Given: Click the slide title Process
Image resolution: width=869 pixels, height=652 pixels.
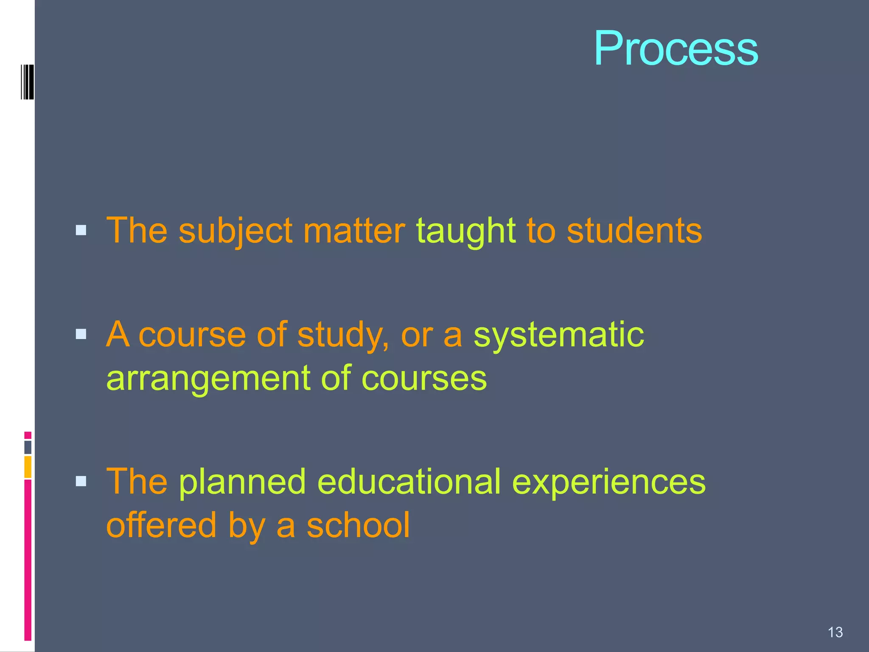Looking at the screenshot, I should point(676,48).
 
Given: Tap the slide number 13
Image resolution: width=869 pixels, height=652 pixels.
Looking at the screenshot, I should point(835,632).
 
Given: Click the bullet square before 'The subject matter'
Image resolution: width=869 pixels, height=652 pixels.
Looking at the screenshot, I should point(81,230).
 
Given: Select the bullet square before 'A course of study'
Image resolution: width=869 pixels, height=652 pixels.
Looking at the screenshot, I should point(81,334).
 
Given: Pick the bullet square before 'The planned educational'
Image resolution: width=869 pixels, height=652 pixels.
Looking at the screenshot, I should point(81,481).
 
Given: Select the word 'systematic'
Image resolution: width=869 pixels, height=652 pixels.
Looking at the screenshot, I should point(558,335).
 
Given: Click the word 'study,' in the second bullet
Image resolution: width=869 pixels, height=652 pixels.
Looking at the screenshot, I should point(343,335).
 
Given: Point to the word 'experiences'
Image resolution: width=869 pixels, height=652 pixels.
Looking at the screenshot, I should point(609,483).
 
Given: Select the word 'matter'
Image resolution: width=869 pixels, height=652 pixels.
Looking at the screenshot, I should point(354,231).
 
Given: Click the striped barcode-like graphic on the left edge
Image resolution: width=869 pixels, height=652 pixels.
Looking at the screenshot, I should point(28,82).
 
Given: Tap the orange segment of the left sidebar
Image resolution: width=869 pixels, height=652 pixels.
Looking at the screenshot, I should point(28,467).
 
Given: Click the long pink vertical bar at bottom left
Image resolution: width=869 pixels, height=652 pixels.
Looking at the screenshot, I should point(28,559).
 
